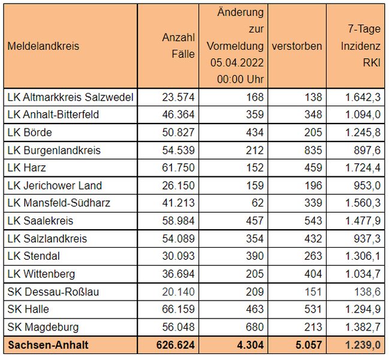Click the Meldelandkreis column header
tap(43, 46)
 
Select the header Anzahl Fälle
tap(178, 46)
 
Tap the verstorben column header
tap(297, 46)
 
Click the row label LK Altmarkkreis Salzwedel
tap(70, 97)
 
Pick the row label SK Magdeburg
tap(43, 327)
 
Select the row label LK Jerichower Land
tap(55, 185)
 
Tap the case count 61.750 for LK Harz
tap(179, 168)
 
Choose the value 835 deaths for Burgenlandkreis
tap(312, 150)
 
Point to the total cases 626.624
tap(174, 346)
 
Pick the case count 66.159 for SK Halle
tap(179, 310)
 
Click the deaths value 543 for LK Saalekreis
tap(312, 221)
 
